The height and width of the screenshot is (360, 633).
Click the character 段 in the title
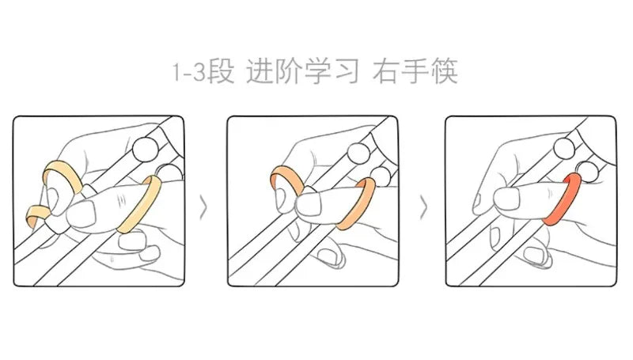coord(221,71)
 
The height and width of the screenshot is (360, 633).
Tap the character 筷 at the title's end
coord(444,71)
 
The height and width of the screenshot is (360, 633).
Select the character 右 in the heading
coord(386,71)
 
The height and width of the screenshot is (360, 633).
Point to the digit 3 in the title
coord(199,72)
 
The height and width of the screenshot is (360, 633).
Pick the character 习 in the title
coord(346,71)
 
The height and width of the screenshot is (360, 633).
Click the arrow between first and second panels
coord(203,207)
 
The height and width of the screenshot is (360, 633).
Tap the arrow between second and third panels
coord(423,207)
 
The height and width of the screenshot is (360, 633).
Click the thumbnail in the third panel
coord(507,199)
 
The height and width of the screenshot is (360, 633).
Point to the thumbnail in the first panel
coord(82,214)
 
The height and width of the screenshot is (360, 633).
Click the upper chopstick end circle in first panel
coord(146,150)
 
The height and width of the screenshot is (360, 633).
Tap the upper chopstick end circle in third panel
coord(564,148)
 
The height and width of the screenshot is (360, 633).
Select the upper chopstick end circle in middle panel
coord(358,153)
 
